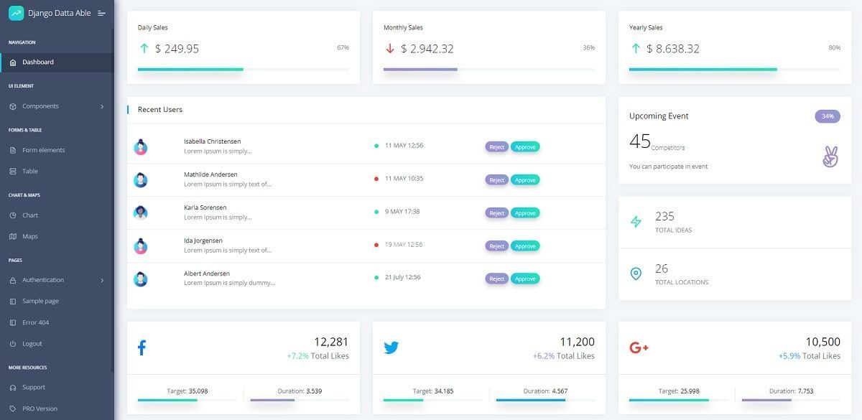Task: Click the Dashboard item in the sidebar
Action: (37, 62)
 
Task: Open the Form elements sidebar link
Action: (43, 150)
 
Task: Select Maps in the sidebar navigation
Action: (29, 236)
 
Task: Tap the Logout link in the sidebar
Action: (32, 344)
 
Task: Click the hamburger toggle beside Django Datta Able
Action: (101, 13)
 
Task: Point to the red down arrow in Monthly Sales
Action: (390, 49)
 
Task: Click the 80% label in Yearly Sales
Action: (834, 48)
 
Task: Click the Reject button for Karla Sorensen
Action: (496, 213)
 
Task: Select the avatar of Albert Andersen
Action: (141, 279)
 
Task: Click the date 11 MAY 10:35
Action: (404, 178)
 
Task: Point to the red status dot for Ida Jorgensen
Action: (376, 245)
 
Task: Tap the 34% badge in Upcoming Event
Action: (828, 116)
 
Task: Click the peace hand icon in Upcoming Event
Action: (830, 157)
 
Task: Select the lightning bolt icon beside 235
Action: (636, 222)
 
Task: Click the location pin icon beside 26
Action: (636, 274)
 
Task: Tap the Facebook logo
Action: (142, 348)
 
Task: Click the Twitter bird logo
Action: (391, 348)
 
